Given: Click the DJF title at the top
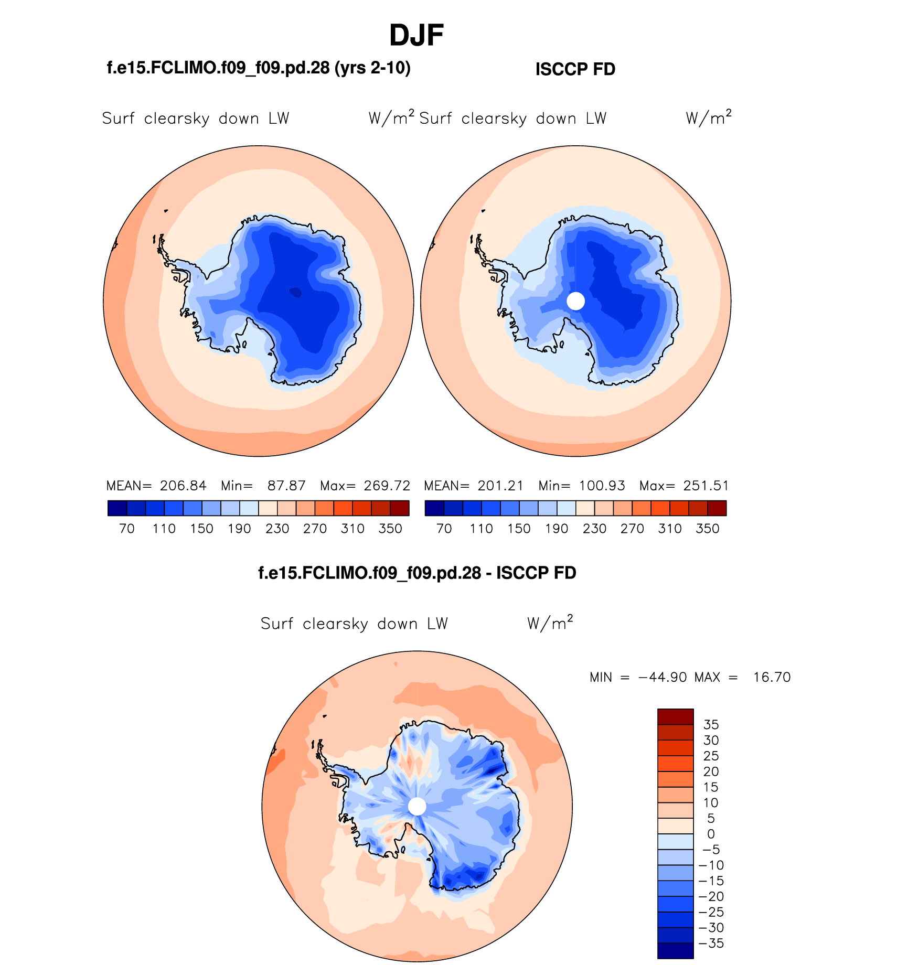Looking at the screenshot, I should (417, 36).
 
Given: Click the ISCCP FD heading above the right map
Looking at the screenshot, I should (575, 69).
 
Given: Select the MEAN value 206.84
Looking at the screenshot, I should (183, 486).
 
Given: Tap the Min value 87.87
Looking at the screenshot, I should (286, 486).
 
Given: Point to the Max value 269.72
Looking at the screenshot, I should (387, 486).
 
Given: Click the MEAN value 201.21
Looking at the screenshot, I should (500, 486).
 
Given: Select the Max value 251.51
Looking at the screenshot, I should (706, 486).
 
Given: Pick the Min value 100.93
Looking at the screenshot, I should (602, 486).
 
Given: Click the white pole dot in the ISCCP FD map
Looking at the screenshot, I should (576, 301).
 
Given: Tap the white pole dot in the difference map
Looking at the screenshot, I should (417, 806).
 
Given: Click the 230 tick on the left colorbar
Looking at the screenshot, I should (277, 529).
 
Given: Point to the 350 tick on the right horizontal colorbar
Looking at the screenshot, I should (707, 529).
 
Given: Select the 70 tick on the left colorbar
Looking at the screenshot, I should (127, 529).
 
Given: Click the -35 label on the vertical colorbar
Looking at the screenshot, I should (712, 943).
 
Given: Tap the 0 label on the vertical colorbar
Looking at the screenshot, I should (711, 834).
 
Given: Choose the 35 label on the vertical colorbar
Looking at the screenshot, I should (711, 725).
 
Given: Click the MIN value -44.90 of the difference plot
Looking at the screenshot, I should (663, 677).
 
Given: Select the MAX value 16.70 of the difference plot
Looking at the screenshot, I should (772, 677).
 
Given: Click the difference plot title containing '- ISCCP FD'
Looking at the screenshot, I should (417, 573).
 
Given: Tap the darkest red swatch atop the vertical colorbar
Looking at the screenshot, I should (676, 716).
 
